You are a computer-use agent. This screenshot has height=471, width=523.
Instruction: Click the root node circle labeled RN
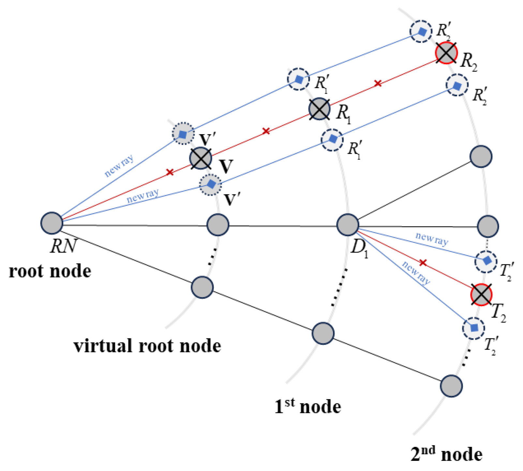(x=52, y=223)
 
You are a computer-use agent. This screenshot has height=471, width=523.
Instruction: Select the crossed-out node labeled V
(x=201, y=158)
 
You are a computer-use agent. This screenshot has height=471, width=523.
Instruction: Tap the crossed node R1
(x=319, y=109)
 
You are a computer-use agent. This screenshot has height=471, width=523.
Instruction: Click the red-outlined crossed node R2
(x=446, y=53)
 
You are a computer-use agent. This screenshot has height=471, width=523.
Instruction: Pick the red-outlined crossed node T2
(x=481, y=294)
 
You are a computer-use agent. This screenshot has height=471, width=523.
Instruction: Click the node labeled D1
(x=348, y=225)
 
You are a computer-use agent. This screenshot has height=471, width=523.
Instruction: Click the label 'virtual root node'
(x=147, y=346)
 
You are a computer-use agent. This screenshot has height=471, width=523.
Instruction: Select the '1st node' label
(x=307, y=407)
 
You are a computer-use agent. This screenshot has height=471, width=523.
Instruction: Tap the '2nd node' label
(x=446, y=454)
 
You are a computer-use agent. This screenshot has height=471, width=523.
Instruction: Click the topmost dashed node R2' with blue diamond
(x=421, y=31)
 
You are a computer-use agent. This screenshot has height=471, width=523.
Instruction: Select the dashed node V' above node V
(x=183, y=133)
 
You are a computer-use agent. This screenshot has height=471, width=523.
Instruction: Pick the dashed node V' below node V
(x=211, y=185)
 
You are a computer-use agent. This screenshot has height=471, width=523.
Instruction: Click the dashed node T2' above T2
(x=486, y=261)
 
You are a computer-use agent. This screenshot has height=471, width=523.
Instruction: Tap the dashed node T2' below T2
(x=473, y=328)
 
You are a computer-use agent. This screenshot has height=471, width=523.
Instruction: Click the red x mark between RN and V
(x=170, y=172)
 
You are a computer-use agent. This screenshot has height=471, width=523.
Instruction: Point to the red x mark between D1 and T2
(x=423, y=262)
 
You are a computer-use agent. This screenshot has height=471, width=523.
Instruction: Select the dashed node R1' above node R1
(x=298, y=79)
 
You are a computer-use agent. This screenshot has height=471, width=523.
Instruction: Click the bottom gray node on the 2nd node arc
(x=451, y=386)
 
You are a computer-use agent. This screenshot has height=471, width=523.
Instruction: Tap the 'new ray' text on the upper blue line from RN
(x=119, y=166)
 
